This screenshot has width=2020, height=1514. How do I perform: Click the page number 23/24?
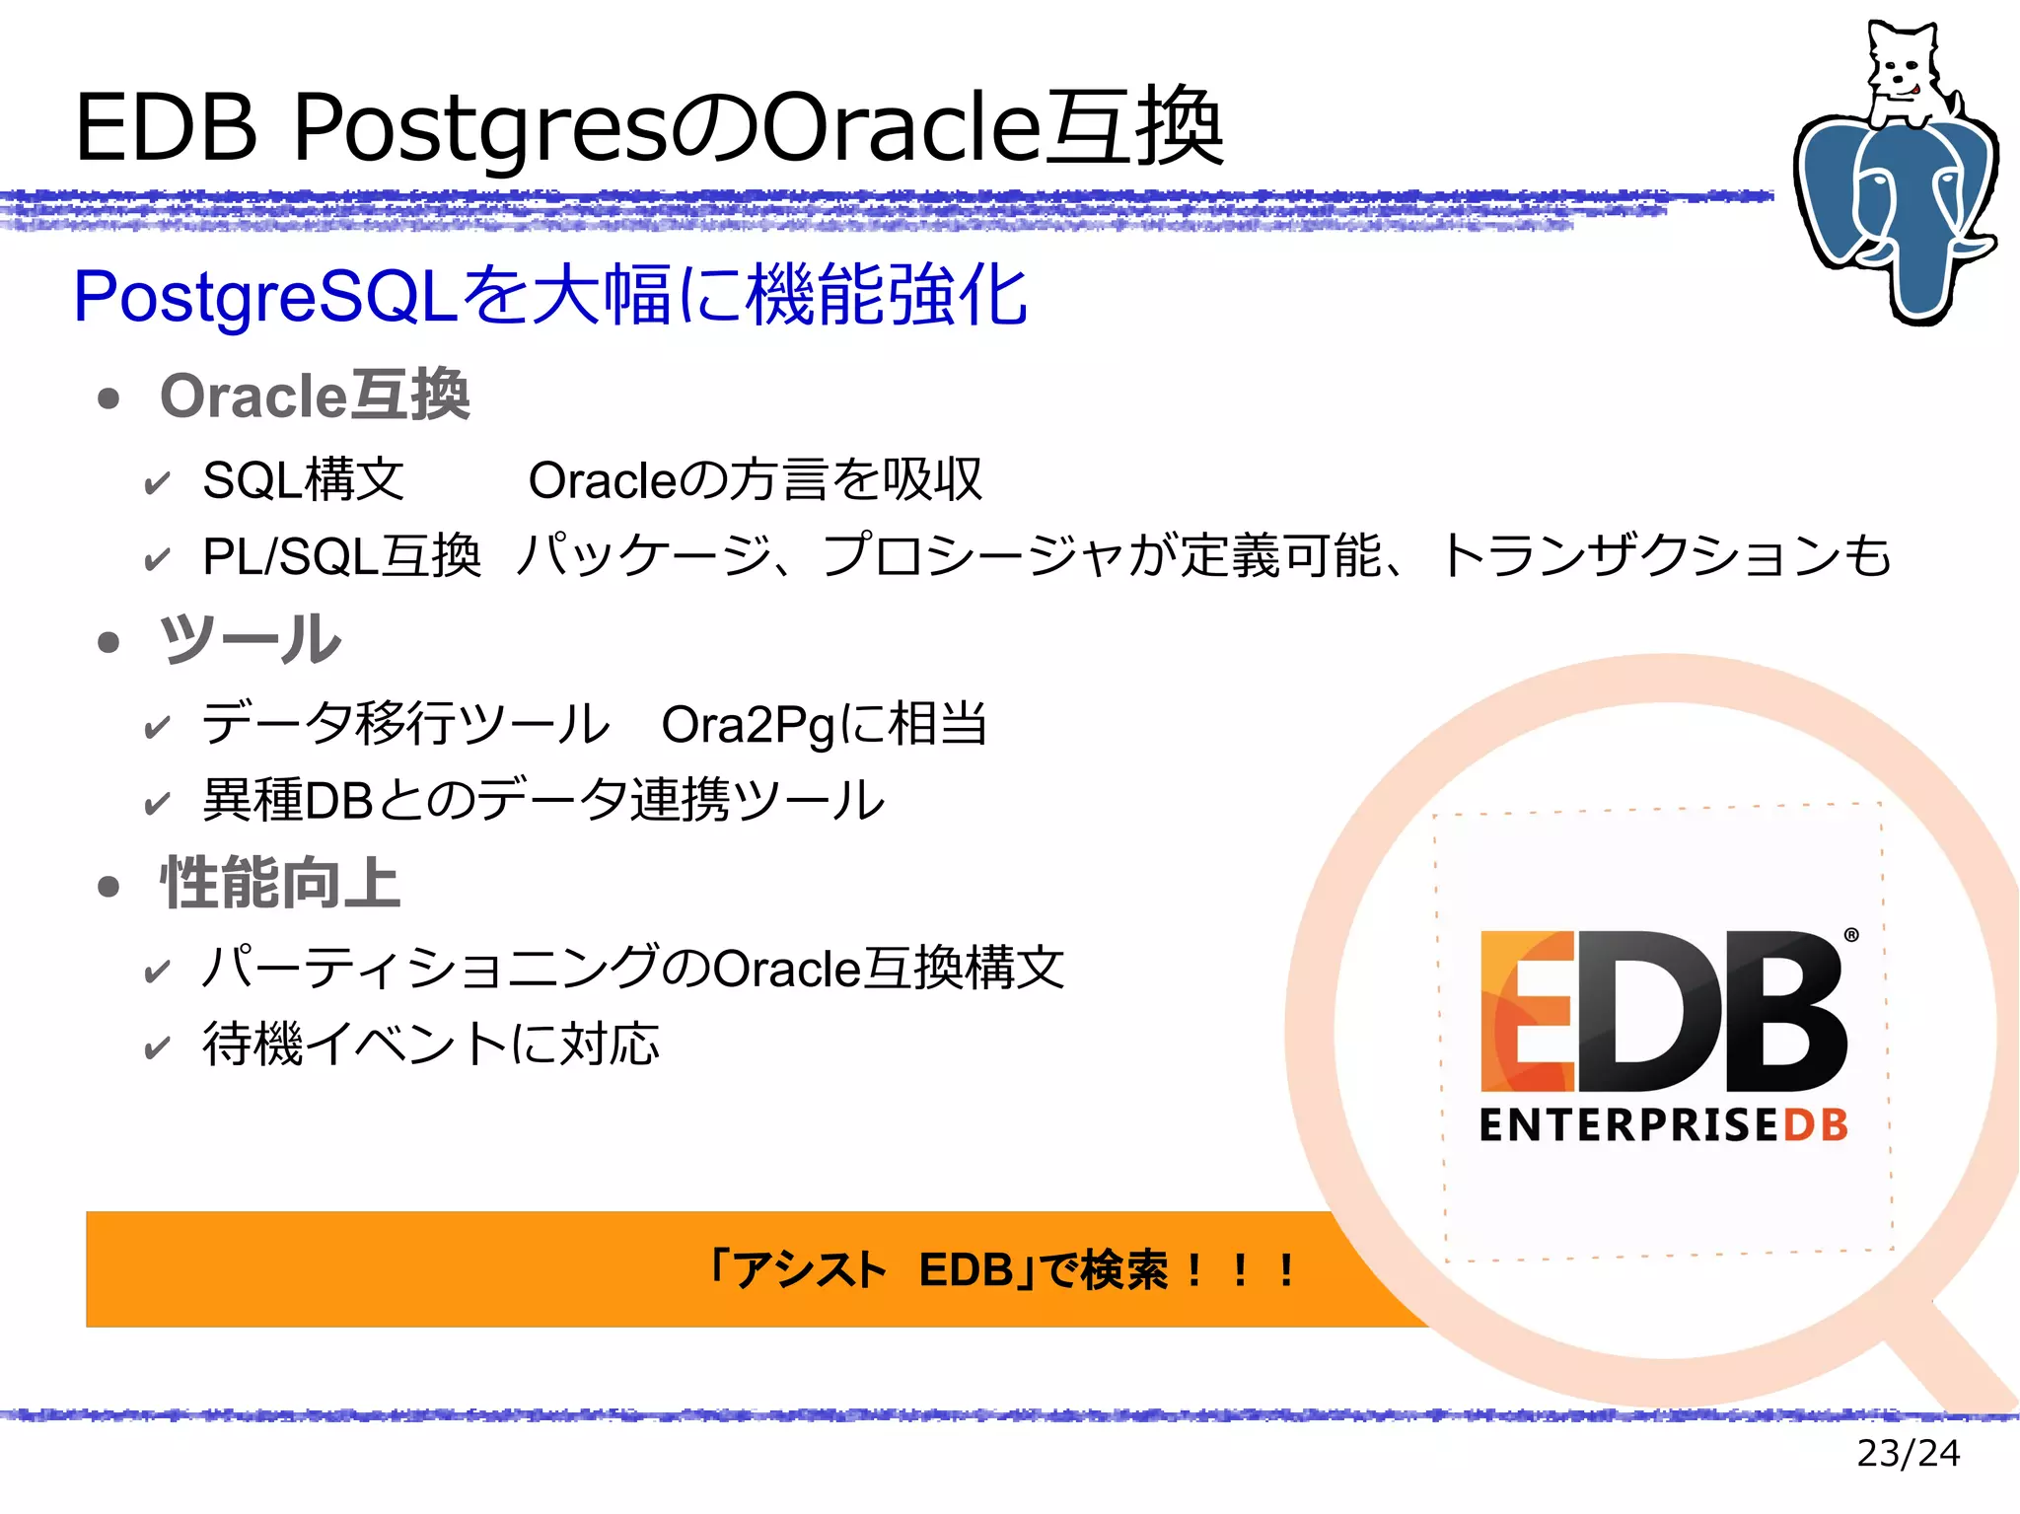1908,1453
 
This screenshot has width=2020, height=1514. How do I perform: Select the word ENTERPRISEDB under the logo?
1663,1125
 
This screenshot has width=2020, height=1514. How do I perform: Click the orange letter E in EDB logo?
1527,1011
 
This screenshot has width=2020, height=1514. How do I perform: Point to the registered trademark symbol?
1851,934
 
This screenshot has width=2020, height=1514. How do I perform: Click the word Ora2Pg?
749,725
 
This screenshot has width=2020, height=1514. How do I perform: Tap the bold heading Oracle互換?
315,397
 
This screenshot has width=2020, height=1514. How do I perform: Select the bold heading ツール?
251,640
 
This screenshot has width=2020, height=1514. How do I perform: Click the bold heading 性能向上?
280,883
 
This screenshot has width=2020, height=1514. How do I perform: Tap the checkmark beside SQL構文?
157,483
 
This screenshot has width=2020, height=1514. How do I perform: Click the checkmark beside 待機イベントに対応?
157,1046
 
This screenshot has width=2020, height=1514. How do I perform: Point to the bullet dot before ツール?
108,643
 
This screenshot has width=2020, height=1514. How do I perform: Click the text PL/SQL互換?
341,556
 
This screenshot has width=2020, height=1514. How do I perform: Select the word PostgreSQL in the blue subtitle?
264,296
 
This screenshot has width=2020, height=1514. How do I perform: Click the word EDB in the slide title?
166,127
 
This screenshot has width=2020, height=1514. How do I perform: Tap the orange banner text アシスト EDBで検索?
1001,1269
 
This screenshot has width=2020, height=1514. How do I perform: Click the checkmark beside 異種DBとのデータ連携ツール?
157,803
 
